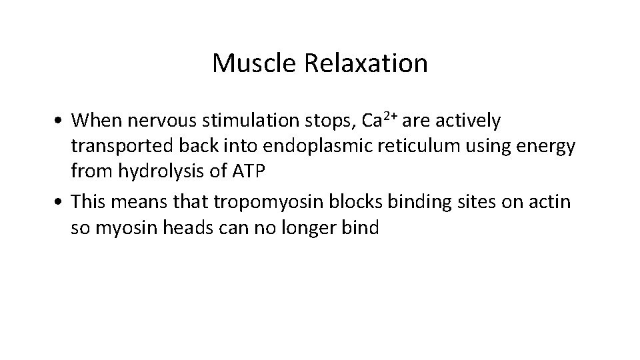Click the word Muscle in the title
[x=255, y=64]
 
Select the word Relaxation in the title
[x=366, y=64]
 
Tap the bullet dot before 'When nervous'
[x=61, y=122]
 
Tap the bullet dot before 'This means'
[x=61, y=202]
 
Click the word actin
[x=552, y=201]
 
